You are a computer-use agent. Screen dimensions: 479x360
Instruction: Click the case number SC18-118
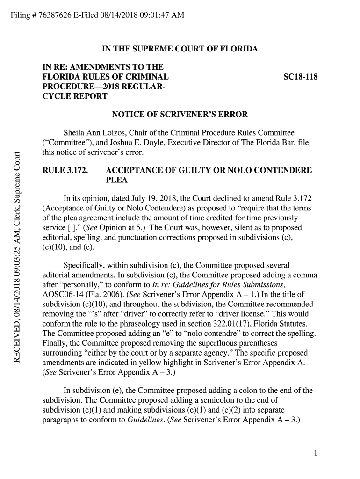tap(301, 76)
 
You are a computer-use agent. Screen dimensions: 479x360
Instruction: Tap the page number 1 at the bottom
tap(316, 453)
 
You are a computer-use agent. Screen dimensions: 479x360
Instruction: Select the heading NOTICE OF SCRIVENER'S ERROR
tap(180, 115)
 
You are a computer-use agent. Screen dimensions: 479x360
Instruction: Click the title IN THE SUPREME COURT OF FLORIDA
tap(180, 49)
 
